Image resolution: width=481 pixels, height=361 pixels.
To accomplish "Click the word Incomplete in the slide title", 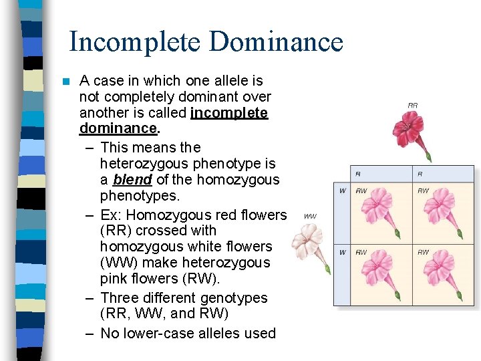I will click(x=134, y=42).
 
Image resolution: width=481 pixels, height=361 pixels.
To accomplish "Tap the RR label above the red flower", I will click(x=413, y=105).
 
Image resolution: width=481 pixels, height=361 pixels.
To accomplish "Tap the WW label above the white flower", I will click(x=310, y=216).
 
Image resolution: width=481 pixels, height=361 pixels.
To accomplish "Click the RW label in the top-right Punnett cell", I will click(x=423, y=191).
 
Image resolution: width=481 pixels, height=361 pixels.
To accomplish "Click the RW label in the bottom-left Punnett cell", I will click(x=361, y=253).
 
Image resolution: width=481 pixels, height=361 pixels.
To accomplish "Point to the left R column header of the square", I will click(x=357, y=174).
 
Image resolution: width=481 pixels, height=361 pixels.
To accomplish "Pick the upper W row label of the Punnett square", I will click(x=342, y=191).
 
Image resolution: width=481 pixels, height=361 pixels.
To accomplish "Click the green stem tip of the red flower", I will click(x=429, y=158).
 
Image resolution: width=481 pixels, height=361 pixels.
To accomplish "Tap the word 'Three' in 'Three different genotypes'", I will click(x=121, y=298).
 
